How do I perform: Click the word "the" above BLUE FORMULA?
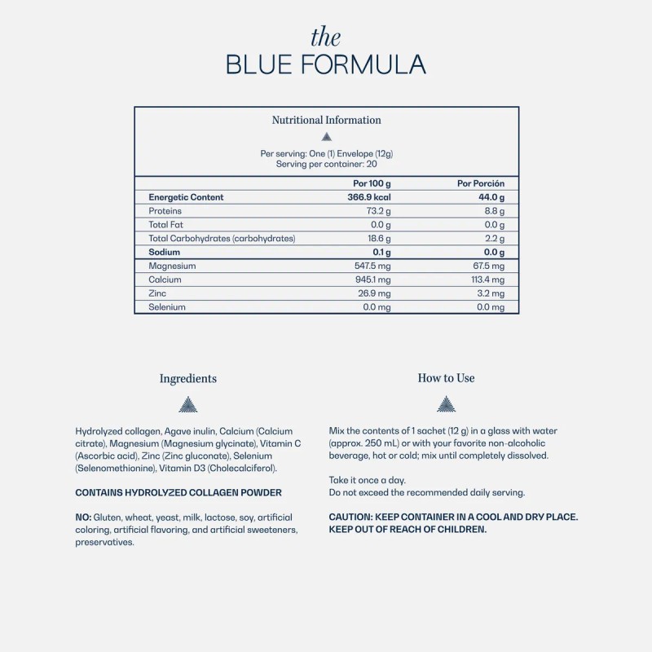click(x=326, y=37)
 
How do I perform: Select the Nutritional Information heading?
click(x=326, y=120)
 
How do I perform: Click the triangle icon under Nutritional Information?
click(x=326, y=137)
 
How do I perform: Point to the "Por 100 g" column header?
click(x=372, y=183)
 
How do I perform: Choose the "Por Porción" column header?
click(x=481, y=183)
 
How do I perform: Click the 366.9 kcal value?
click(x=369, y=197)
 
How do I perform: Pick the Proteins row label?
click(x=165, y=211)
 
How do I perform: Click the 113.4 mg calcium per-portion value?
click(x=486, y=280)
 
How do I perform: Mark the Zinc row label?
click(x=157, y=293)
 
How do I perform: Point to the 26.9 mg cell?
click(x=376, y=293)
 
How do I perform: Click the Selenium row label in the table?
click(x=167, y=307)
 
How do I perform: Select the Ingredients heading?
click(x=188, y=378)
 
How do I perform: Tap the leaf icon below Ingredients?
click(x=188, y=404)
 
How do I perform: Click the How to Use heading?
click(x=446, y=378)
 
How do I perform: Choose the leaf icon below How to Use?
click(x=446, y=404)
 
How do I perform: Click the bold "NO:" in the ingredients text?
click(x=83, y=518)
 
